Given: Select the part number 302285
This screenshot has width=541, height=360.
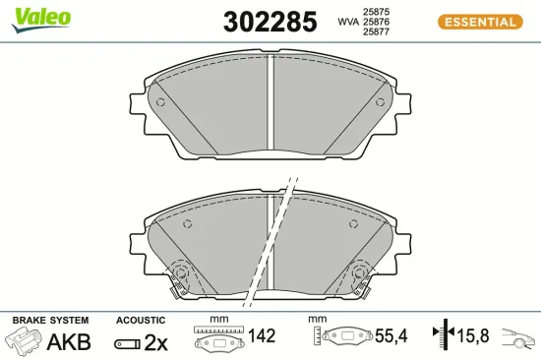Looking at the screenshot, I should click(x=257, y=21).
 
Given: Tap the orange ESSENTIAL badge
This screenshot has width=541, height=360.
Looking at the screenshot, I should click(x=479, y=22).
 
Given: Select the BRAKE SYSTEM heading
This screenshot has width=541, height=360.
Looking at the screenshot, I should click(x=49, y=321).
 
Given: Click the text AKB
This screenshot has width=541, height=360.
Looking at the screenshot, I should click(x=69, y=342).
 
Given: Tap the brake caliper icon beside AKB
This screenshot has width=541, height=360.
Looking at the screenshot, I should click(x=25, y=341).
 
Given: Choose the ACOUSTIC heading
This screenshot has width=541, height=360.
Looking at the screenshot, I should click(x=140, y=321).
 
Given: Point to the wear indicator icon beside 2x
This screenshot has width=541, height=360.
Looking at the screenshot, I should click(x=127, y=343).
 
